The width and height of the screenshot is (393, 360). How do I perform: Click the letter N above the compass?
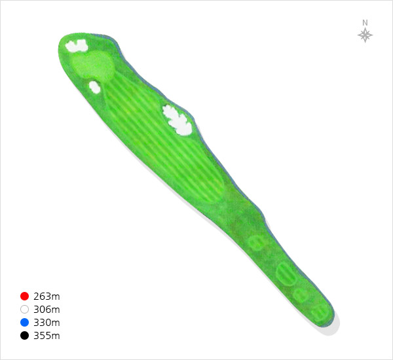365,23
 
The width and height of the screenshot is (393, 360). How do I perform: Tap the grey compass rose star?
365,35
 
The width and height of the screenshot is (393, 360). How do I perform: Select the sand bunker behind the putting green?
77,46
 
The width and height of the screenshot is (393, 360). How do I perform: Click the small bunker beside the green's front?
94,87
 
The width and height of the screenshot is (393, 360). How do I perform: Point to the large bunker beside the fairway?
178,120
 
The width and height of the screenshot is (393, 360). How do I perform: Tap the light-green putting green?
93,65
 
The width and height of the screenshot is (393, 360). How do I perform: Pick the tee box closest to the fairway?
256,242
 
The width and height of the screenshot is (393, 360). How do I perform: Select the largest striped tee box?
286,274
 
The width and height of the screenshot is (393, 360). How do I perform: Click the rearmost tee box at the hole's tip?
320,313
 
